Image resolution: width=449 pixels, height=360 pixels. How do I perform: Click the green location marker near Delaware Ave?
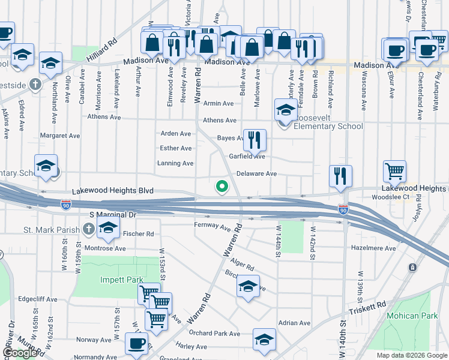point(222,188)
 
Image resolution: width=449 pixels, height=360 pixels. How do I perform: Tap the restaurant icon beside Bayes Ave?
point(255,140)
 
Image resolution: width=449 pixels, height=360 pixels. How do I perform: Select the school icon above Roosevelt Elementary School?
point(286,110)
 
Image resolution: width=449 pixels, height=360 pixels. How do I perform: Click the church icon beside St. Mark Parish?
point(89,228)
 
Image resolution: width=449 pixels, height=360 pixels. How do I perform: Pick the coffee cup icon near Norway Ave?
point(136,343)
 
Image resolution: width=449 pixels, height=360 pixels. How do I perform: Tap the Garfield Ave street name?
point(247,156)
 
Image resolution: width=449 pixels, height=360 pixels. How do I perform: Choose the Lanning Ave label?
point(175,163)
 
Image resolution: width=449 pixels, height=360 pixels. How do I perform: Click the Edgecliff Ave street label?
point(37,299)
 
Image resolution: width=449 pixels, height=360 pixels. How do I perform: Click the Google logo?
point(20,353)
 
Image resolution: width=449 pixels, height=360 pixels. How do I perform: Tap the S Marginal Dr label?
point(113,214)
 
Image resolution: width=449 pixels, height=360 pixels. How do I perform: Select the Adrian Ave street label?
point(294,323)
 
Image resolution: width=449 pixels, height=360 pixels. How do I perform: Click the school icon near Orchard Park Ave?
point(264,339)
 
